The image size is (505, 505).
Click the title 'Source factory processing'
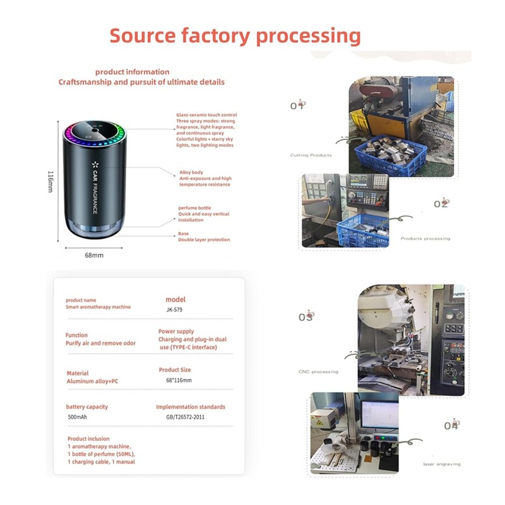point(235,36)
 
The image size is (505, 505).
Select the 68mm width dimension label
point(94,256)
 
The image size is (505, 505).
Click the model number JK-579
point(175,311)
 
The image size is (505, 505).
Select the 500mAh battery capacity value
point(77,417)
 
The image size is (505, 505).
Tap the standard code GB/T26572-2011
point(181,417)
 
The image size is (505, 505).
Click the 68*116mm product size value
point(179,380)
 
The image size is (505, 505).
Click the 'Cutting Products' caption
point(311,155)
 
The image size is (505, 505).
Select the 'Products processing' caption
point(425,239)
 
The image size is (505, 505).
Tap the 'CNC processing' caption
point(318,372)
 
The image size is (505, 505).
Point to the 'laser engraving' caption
point(441,464)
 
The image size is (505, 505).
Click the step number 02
point(441,204)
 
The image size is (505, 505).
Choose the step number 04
point(451,426)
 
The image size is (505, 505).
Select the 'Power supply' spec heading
point(176,331)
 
